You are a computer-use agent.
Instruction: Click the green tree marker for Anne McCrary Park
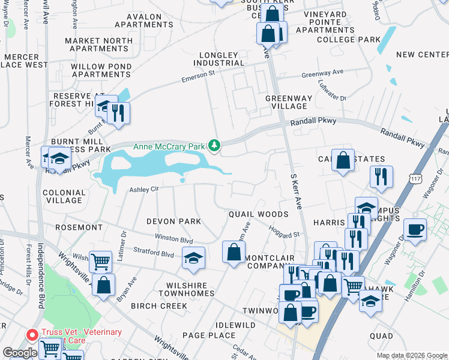214,145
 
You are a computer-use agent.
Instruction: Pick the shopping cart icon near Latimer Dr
100,261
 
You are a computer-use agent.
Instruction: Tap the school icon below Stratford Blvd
193,258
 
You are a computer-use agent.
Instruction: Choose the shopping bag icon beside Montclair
233,253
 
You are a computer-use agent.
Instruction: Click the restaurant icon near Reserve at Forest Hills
118,112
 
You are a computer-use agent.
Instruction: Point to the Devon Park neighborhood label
173,222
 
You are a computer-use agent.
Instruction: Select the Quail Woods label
258,214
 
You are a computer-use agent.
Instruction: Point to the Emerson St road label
198,79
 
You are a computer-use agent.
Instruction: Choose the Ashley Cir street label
143,189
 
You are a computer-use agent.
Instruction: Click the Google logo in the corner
20,353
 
